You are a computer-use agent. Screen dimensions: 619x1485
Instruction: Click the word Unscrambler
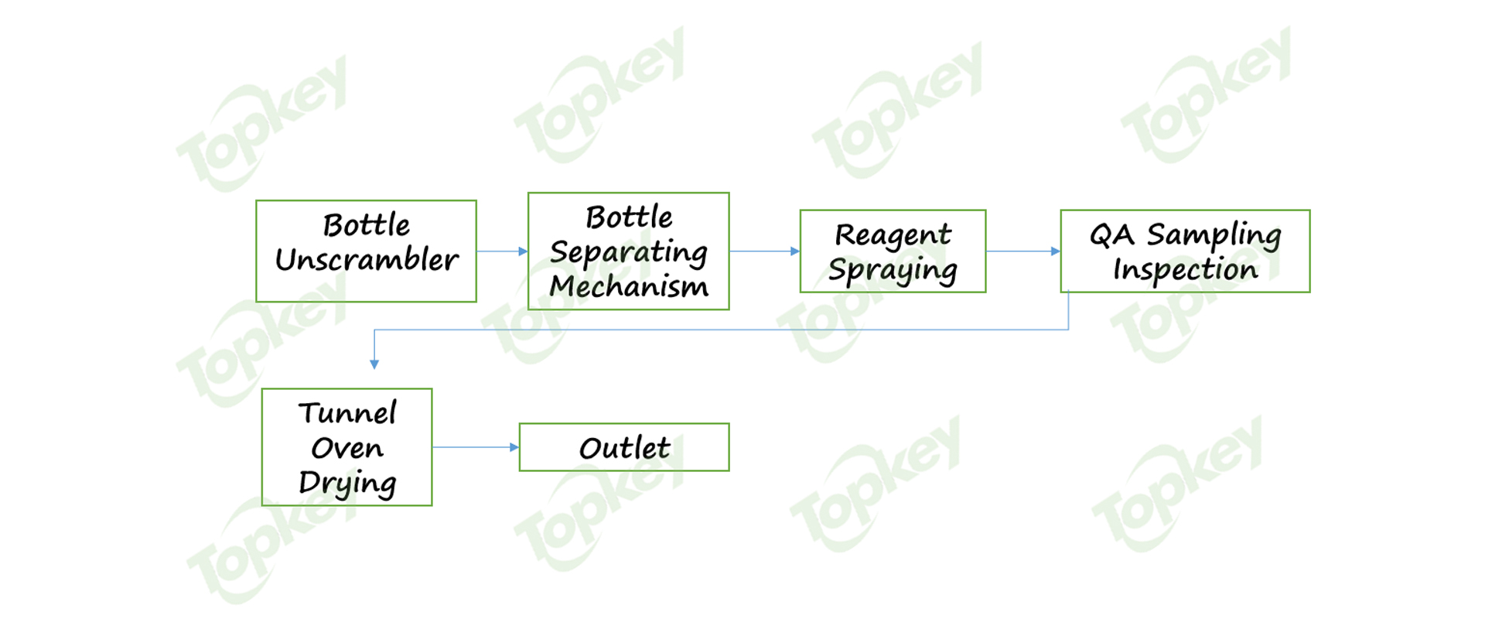(367, 260)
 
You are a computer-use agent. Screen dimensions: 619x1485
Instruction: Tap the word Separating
(628, 252)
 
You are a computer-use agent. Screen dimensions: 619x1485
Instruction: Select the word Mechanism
(628, 286)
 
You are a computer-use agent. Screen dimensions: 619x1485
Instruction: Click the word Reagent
(893, 234)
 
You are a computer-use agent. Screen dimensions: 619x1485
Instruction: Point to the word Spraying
(893, 270)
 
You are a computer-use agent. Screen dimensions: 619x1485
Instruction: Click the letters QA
(1111, 234)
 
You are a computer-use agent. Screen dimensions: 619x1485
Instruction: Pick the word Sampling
(1214, 234)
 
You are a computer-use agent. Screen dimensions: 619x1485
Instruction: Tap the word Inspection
(1185, 269)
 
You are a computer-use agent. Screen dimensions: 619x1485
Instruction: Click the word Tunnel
(347, 413)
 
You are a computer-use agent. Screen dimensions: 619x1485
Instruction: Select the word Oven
(347, 448)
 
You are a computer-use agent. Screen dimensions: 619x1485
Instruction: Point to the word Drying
(347, 483)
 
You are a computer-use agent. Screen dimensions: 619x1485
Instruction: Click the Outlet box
(624, 447)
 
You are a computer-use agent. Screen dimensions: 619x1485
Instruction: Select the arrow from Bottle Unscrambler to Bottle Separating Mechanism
(501, 251)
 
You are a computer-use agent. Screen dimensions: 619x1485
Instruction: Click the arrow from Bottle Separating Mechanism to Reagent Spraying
(763, 251)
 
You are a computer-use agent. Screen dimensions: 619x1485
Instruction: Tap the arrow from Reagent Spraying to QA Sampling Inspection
(1022, 251)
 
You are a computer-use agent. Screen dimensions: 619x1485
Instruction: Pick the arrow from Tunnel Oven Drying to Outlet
(474, 447)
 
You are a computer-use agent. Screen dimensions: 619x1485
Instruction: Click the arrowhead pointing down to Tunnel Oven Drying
(374, 364)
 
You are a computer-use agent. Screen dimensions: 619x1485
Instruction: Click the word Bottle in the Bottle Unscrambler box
(367, 225)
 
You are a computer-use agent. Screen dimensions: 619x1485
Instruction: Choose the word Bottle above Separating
(628, 217)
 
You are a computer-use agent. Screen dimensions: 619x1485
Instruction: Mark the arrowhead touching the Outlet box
(514, 447)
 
